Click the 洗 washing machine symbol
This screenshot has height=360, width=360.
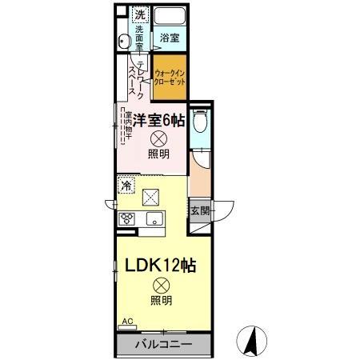tap(139, 15)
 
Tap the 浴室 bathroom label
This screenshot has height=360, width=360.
tap(169, 38)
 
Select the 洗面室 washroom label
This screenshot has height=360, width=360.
tap(138, 38)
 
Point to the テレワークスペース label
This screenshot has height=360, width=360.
tap(136, 78)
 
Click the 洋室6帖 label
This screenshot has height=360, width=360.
tap(160, 122)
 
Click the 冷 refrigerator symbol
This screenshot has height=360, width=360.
tap(126, 186)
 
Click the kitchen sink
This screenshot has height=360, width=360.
tap(154, 220)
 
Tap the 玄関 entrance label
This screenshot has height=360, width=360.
tap(200, 211)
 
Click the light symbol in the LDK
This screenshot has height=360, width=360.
tap(160, 283)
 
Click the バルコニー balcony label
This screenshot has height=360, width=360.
tap(162, 345)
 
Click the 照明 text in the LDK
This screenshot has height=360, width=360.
tap(160, 302)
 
